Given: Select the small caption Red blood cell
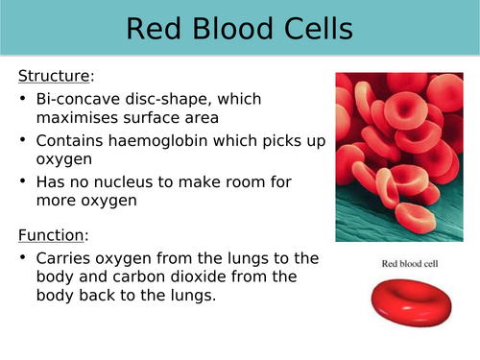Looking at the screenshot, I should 396,261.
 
